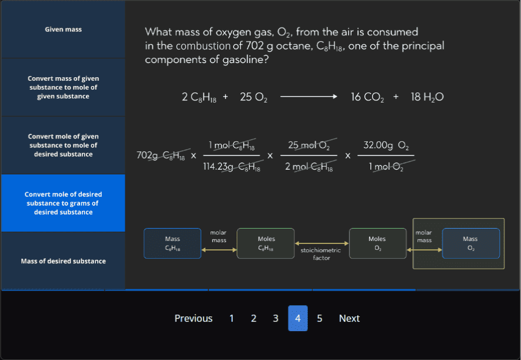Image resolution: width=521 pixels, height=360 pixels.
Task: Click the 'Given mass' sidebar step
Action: tap(63, 29)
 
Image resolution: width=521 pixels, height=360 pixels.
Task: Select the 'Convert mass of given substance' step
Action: tap(63, 87)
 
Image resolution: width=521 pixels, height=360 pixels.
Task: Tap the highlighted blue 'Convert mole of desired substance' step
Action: tap(63, 203)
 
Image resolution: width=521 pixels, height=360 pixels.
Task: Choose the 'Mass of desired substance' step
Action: tap(63, 261)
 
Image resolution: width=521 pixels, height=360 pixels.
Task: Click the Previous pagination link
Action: tap(193, 318)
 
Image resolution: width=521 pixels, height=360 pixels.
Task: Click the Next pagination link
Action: tap(349, 318)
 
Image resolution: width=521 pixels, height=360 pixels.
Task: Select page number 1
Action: tap(232, 318)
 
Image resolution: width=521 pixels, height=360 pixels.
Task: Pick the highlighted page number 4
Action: tap(298, 318)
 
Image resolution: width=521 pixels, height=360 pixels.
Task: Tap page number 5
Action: tap(320, 318)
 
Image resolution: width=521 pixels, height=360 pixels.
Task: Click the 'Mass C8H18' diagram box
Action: tap(172, 243)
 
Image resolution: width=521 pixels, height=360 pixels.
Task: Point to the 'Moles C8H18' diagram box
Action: tap(266, 243)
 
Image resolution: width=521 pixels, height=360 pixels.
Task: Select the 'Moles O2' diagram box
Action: tap(377, 243)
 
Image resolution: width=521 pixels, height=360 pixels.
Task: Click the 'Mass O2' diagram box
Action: tap(470, 243)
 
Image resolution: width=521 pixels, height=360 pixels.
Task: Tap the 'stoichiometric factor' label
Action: tap(321, 254)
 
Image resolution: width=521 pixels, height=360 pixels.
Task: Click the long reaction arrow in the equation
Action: tap(308, 97)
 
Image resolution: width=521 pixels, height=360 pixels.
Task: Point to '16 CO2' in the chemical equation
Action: tap(367, 97)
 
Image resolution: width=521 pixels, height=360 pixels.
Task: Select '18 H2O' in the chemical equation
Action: tap(427, 97)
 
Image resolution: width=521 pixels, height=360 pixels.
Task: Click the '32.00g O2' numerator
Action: tap(386, 145)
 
